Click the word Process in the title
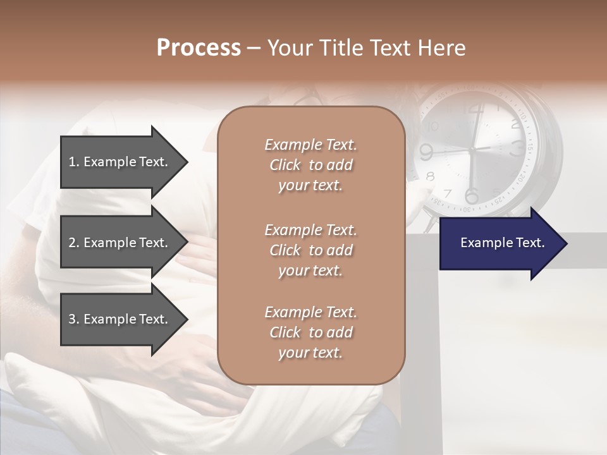tap(199, 48)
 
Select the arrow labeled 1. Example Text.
tap(120, 162)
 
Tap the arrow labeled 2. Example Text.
tap(120, 243)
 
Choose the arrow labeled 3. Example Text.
tap(120, 319)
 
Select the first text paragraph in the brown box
tap(310, 165)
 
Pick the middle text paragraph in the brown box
tap(310, 250)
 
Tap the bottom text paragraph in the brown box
tap(310, 332)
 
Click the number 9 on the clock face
tap(426, 152)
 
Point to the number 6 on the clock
tap(471, 195)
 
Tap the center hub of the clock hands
tap(472, 150)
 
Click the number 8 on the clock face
tap(431, 176)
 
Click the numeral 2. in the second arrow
tap(74, 243)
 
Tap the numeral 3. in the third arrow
tap(74, 319)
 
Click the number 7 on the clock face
tap(448, 193)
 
